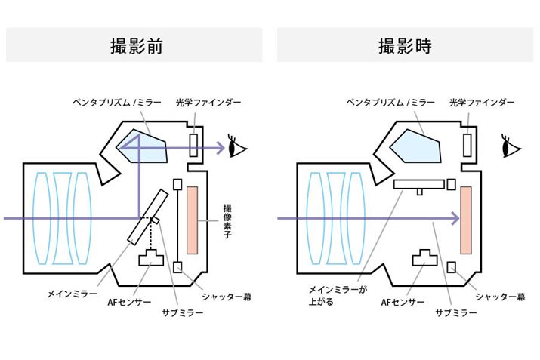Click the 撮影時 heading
click(x=405, y=45)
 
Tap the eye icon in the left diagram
click(x=236, y=146)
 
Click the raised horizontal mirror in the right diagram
click(x=418, y=183)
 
